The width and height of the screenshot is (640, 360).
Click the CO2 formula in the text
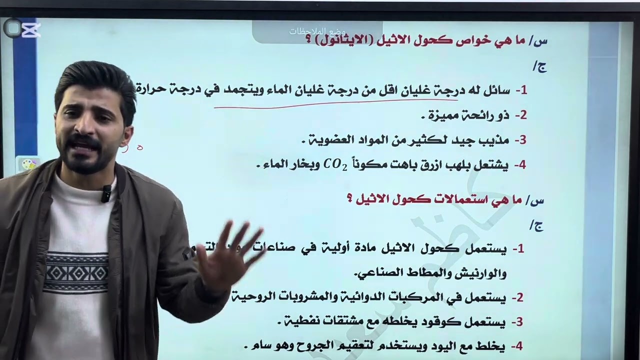tap(335, 165)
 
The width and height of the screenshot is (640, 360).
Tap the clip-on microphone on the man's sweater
tap(106, 193)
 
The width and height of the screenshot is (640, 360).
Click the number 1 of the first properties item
tap(522, 91)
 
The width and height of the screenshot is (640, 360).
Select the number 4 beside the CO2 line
tap(521, 165)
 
